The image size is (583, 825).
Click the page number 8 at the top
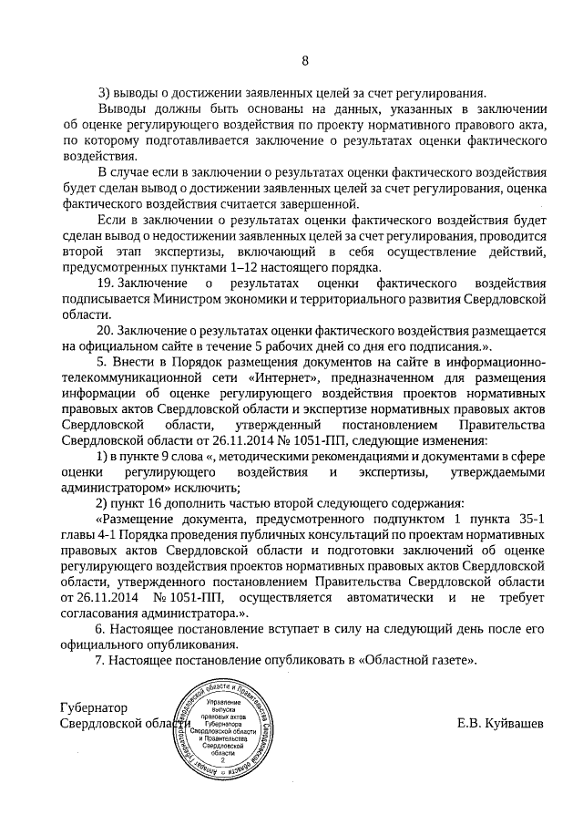pyautogui.click(x=305, y=61)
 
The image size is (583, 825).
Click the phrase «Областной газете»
pyautogui.click(x=421, y=660)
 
